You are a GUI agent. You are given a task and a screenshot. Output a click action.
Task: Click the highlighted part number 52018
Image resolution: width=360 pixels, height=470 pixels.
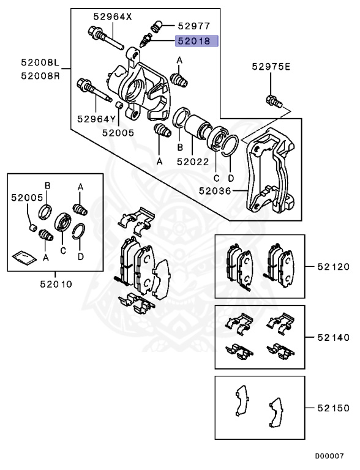click(x=193, y=42)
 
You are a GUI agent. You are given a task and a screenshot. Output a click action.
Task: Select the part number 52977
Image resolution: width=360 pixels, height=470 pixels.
click(x=194, y=26)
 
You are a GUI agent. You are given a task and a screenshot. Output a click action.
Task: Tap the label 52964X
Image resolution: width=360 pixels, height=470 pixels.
click(x=112, y=17)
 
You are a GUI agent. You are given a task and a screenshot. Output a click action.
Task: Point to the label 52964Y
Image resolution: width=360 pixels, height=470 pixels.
click(x=96, y=119)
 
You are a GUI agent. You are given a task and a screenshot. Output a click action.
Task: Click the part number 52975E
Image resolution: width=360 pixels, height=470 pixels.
click(x=270, y=66)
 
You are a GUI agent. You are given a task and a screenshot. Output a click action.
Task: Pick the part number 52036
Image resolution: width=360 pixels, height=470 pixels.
click(x=216, y=190)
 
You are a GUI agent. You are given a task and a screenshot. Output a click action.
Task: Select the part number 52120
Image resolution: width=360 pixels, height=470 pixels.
click(x=333, y=266)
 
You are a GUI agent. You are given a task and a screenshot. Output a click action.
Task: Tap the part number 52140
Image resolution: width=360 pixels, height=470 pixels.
click(x=333, y=337)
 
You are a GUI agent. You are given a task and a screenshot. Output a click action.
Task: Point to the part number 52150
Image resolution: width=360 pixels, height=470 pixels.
click(x=333, y=407)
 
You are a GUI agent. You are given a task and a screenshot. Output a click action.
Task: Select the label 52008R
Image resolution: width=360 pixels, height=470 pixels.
click(x=39, y=76)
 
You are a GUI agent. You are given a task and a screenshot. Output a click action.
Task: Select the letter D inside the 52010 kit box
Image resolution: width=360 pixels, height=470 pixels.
click(x=80, y=257)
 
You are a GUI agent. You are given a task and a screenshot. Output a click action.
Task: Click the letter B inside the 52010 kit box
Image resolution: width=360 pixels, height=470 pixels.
click(x=47, y=185)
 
